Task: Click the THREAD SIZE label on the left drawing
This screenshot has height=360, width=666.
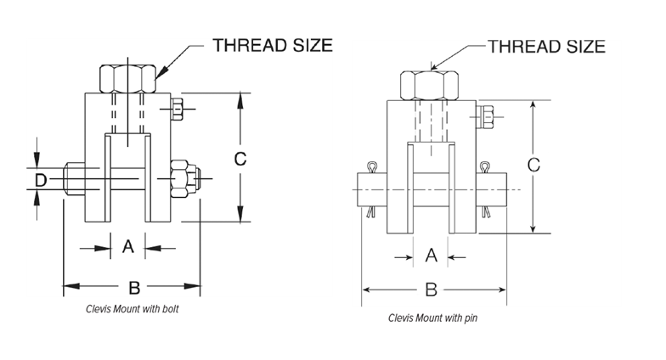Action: [x=272, y=46]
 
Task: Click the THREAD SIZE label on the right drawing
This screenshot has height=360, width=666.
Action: [x=546, y=46]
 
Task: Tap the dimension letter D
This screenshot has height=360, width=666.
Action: [x=41, y=180]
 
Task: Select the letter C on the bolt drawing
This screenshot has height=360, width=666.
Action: [x=240, y=159]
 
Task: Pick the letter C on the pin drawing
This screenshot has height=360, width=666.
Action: [x=533, y=165]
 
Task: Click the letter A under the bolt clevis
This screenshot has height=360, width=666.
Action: [x=127, y=246]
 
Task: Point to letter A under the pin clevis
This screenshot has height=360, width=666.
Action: [x=432, y=256]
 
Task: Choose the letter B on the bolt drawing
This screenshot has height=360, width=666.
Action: [x=134, y=288]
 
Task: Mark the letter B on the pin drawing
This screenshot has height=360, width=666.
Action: [x=432, y=290]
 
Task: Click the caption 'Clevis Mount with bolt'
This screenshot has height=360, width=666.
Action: [x=133, y=309]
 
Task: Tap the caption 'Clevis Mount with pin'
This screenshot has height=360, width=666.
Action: [x=433, y=318]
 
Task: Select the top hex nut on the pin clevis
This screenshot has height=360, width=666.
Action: [x=430, y=86]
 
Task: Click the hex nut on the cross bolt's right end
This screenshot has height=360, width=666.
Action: [x=185, y=178]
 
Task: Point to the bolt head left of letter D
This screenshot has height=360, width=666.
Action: [x=75, y=178]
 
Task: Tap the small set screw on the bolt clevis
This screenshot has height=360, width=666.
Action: [x=177, y=109]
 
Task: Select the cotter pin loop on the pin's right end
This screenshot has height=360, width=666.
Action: [x=484, y=166]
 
